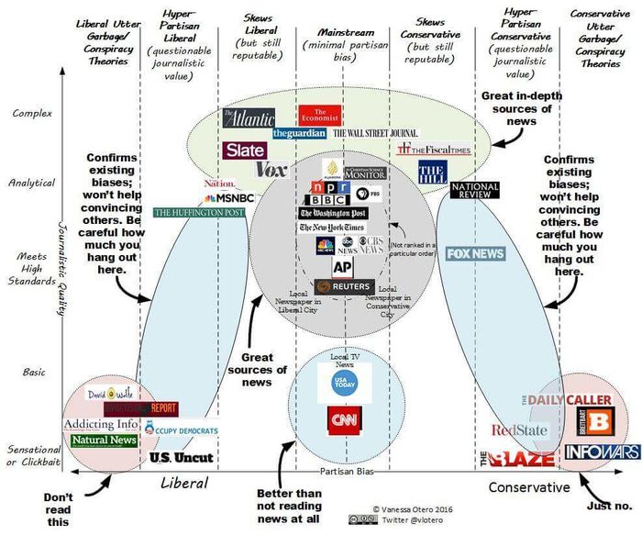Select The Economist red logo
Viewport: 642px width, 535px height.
[x=320, y=115]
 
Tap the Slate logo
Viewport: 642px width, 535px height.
[x=244, y=150]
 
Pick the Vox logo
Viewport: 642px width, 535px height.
[x=271, y=169]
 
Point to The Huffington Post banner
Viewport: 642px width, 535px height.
[x=199, y=212]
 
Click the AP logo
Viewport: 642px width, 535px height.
[x=342, y=266]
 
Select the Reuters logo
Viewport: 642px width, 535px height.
[x=343, y=287]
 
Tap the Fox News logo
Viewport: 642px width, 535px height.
[x=475, y=253]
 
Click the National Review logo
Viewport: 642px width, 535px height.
[x=475, y=190]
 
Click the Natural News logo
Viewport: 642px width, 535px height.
[x=104, y=440]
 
